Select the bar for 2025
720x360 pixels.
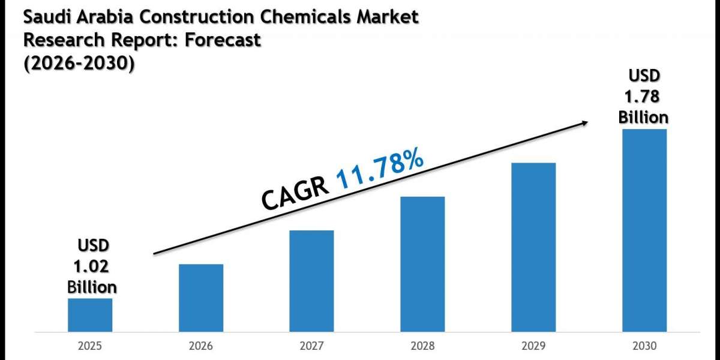(90, 315)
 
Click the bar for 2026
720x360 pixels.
(201, 298)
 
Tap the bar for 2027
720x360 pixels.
(311, 281)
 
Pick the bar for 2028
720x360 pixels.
(422, 264)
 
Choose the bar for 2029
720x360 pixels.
(533, 247)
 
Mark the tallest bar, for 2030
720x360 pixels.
(644, 230)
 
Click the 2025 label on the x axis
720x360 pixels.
(90, 346)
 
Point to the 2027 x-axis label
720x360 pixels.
(311, 346)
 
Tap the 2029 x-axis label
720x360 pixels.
(533, 346)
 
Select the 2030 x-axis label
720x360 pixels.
(644, 346)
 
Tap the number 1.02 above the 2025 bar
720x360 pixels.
(92, 266)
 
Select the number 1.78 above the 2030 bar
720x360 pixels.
(644, 96)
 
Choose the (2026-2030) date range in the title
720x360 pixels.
(79, 62)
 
